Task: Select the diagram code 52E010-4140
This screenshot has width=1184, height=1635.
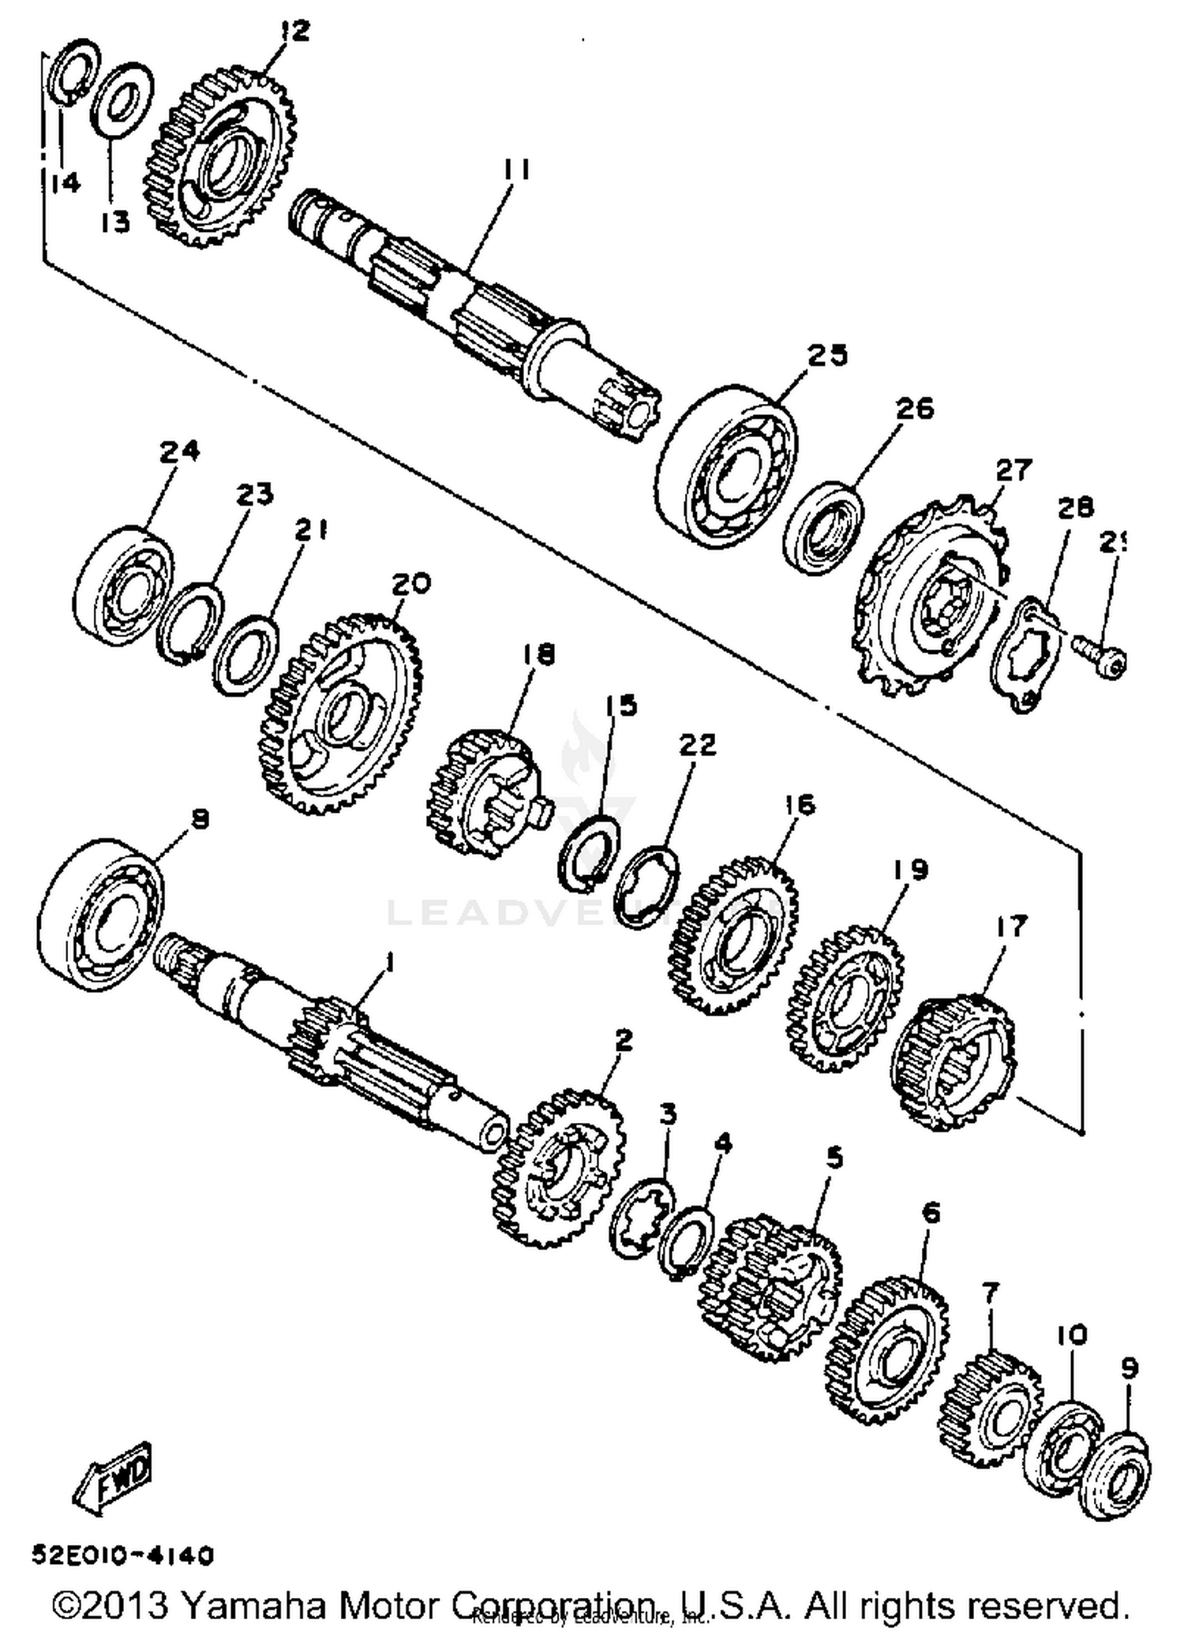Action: tap(123, 1556)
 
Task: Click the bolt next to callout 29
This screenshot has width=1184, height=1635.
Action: tap(1100, 656)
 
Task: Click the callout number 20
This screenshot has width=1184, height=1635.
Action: tap(411, 584)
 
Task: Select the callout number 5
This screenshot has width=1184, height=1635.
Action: tap(834, 1158)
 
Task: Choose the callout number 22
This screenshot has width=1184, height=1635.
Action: tap(697, 745)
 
